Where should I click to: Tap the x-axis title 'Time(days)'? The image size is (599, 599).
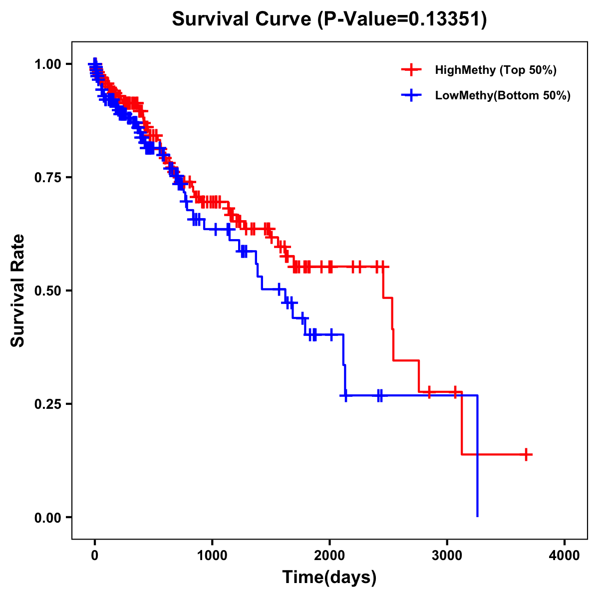coord(329,578)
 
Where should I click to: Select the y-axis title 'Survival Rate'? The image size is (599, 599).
coord(18,290)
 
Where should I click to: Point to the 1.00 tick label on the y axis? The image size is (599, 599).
coord(47,64)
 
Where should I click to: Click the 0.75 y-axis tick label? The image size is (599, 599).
coord(47,177)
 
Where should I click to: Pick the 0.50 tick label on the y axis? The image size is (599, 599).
coord(47,291)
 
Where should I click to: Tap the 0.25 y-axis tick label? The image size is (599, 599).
coord(47,404)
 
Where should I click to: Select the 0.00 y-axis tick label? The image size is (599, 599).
coord(47,517)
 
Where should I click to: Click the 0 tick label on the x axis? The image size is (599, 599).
coord(94,556)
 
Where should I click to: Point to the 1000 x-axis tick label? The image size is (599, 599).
coord(212,556)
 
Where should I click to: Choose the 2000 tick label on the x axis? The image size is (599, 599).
coord(329,556)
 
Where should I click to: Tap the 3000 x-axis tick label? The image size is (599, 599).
coord(447,556)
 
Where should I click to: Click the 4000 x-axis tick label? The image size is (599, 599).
coord(565,556)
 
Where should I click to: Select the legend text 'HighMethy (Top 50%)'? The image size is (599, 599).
coord(496,70)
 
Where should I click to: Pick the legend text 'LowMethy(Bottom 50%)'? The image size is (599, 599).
coord(503,95)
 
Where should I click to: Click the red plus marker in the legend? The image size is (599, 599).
coord(411,70)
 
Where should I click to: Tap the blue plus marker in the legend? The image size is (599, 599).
coord(411,95)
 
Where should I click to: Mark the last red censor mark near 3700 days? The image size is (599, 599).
coord(526,454)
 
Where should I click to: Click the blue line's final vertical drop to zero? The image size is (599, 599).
coord(478,459)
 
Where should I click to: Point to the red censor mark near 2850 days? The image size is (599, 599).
coord(429,392)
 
